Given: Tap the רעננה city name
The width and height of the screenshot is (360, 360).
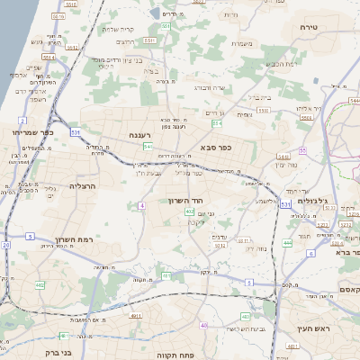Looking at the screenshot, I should (145, 135).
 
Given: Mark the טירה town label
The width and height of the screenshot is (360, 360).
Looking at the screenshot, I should (309, 28).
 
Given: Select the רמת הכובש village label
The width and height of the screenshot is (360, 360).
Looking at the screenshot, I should (283, 63).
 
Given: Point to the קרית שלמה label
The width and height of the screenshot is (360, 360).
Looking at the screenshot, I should (118, 29).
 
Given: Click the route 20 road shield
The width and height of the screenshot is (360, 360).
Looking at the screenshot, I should (6, 245).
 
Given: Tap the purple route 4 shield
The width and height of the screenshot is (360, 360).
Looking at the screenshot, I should (142, 206).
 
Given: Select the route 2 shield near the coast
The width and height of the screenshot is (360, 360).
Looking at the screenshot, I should (22, 120).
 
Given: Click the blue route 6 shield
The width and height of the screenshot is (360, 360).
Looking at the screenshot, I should (310, 254).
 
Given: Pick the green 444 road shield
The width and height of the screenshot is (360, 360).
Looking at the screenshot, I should (287, 243).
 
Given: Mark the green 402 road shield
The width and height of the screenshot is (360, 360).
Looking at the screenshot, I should (190, 212).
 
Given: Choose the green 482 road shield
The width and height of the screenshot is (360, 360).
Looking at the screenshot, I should (40, 285).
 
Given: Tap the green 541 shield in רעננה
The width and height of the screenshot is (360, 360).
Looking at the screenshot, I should (146, 146).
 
